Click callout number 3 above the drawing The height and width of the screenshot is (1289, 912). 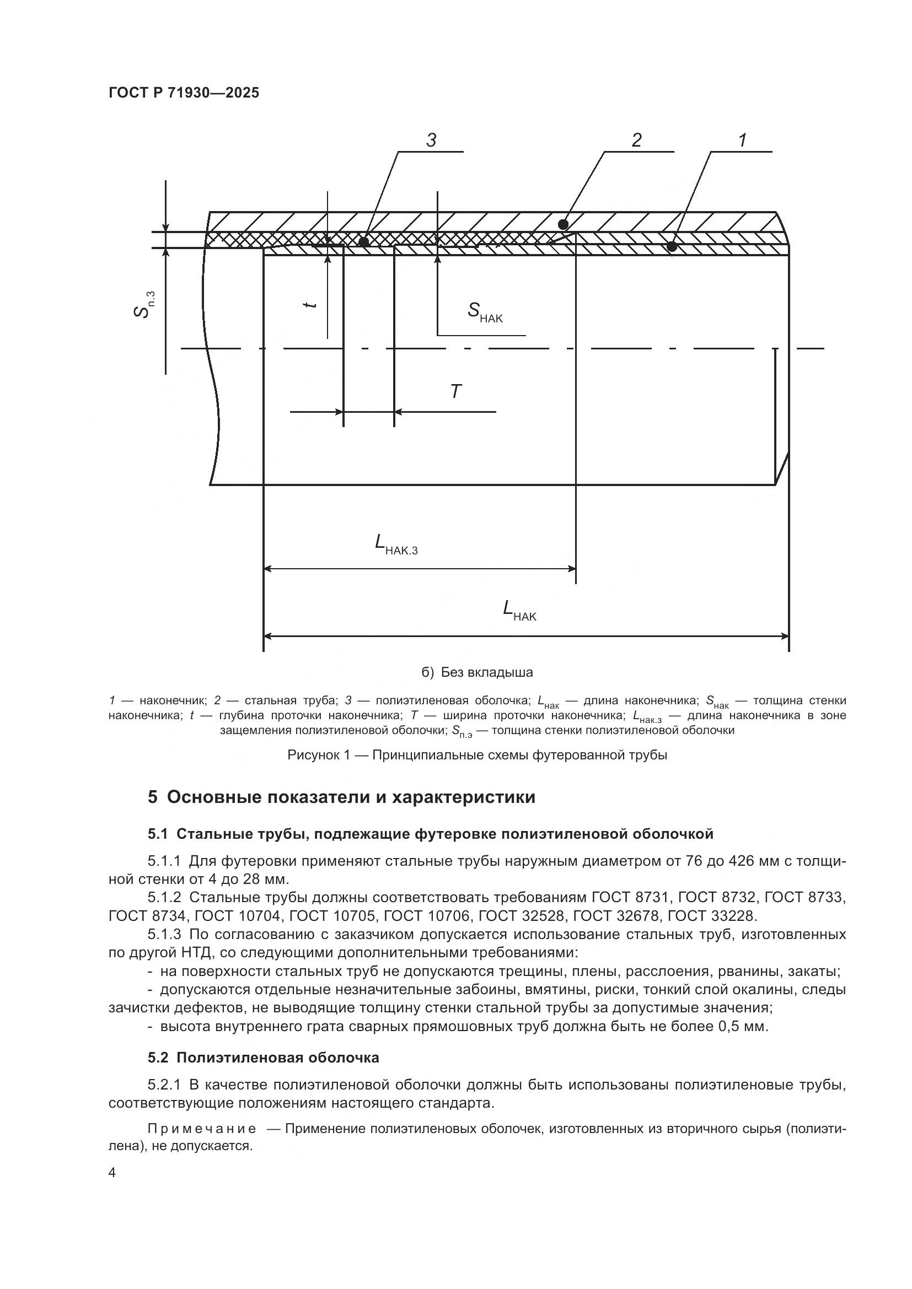pos(431,140)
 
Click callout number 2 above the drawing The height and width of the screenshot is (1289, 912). pos(636,140)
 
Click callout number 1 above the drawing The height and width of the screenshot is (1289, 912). pos(742,140)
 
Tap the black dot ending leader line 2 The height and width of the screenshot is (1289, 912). pos(564,224)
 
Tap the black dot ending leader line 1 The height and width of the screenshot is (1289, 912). pos(672,246)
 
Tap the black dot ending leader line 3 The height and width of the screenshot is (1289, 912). pos(363,242)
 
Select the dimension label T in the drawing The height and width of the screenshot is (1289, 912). pos(455,391)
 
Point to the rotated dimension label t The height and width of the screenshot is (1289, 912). pos(309,304)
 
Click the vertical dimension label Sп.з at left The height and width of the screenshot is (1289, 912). pos(144,304)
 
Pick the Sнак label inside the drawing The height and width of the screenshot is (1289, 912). pos(485,311)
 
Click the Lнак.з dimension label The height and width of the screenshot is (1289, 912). pos(396,544)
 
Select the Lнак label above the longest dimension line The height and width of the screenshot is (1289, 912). pos(519,610)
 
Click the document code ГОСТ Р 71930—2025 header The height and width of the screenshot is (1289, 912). pos(184,93)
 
